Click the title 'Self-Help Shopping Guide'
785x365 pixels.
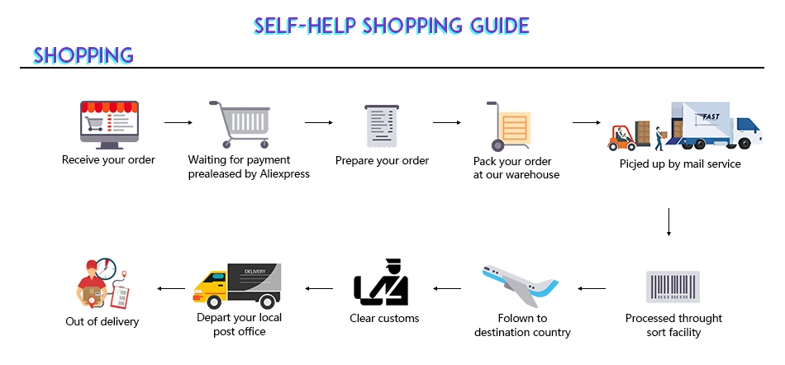click(391, 25)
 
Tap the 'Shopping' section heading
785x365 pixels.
click(83, 55)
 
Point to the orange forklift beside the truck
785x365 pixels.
click(621, 136)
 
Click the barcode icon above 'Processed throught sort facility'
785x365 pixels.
click(673, 286)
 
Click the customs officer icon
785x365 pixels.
click(382, 282)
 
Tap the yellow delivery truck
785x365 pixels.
click(236, 286)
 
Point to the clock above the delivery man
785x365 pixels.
click(106, 268)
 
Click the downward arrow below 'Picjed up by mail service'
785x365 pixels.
click(668, 221)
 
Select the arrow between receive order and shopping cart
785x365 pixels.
click(178, 123)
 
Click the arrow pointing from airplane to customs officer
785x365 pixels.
click(448, 289)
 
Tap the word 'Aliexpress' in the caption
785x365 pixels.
click(281, 174)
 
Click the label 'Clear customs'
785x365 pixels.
click(384, 319)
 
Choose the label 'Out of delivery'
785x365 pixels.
click(102, 322)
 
